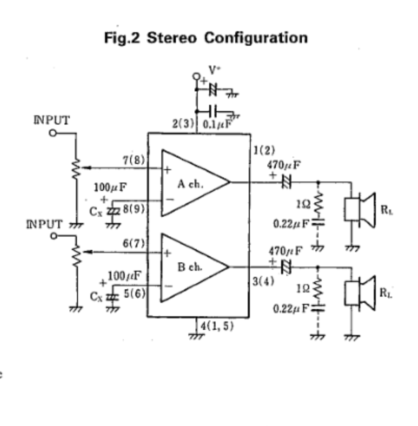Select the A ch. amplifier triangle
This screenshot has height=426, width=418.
(x=190, y=183)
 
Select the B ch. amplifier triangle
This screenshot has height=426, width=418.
(x=190, y=267)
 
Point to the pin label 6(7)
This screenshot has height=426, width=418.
(x=134, y=244)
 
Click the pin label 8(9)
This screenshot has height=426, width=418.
(x=134, y=209)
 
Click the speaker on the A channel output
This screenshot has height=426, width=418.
(x=360, y=209)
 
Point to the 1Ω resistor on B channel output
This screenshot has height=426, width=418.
(x=318, y=288)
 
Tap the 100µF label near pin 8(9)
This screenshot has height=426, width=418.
(x=110, y=188)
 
